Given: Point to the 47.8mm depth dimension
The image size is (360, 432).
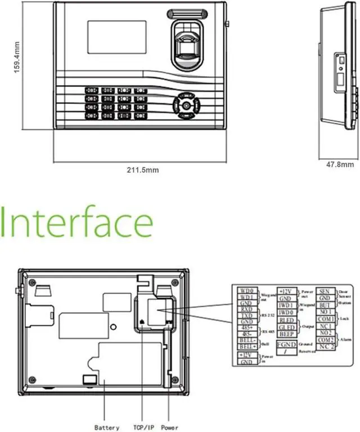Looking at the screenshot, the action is [336, 165].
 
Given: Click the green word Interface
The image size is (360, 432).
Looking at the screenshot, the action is [77, 223].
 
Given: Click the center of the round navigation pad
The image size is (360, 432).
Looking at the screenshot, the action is [184, 105].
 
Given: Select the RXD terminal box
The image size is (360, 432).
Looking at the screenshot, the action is [246, 309].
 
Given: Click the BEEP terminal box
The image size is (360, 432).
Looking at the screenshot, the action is [286, 334].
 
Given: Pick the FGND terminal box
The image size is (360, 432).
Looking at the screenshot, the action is [286, 344].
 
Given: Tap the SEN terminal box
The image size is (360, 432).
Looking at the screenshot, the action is [324, 291].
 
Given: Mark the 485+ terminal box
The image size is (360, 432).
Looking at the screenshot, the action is [246, 327].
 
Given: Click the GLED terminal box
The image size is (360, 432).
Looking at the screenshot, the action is [286, 327].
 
